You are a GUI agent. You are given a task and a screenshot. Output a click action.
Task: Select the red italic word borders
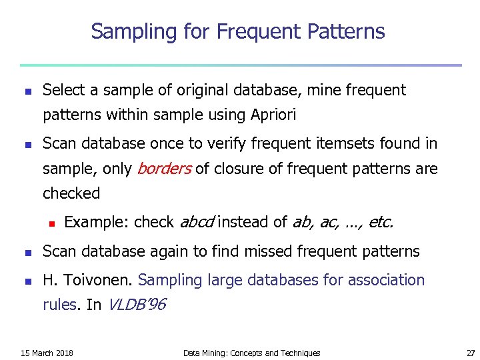point(164,169)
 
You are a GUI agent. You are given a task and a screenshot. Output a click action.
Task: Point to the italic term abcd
point(196,222)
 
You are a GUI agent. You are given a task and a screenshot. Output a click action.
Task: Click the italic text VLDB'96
point(135,305)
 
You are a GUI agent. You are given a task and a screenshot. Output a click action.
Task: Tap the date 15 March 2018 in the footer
point(47,353)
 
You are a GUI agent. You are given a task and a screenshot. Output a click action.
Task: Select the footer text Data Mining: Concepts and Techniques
point(251,353)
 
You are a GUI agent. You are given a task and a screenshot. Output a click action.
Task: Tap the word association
point(385,280)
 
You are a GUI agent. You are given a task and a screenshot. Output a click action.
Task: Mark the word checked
point(71,193)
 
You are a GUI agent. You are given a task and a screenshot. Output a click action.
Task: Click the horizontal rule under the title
point(240,65)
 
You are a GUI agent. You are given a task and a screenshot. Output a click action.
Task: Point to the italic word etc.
point(381,222)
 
